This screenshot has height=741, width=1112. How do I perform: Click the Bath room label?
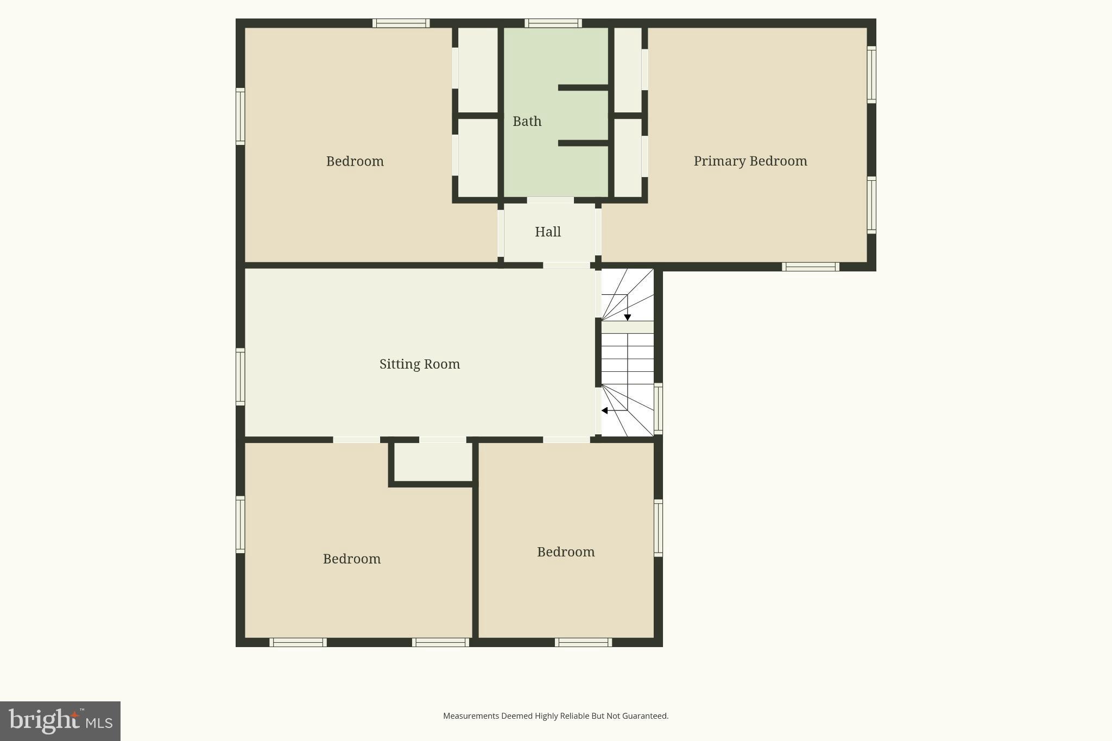[x=527, y=121]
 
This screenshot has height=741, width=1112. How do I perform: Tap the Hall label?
[x=547, y=232]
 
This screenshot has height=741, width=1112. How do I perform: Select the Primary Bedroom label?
[x=750, y=161]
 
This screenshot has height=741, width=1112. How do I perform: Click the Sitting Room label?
[x=419, y=364]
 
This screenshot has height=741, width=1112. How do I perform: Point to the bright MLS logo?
[x=60, y=721]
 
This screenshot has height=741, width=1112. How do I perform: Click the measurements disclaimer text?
[x=555, y=716]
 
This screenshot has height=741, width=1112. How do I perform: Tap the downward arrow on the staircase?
[x=627, y=317]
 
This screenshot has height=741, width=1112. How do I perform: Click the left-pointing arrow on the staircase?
[x=605, y=410]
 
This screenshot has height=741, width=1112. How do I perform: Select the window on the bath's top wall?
[x=553, y=23]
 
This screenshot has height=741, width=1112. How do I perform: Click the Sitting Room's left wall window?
[x=240, y=377]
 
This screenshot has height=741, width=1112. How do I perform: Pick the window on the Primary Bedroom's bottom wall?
[x=810, y=267]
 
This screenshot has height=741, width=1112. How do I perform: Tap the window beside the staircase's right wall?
[x=658, y=408]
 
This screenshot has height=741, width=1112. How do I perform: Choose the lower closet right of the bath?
[x=628, y=157]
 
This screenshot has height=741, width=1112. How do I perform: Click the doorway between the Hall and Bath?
[x=550, y=200]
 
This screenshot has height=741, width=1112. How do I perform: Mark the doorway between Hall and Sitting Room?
[x=566, y=265]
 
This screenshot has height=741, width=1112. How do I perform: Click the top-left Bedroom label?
[x=355, y=161]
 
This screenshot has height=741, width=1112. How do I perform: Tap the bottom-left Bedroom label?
[x=351, y=559]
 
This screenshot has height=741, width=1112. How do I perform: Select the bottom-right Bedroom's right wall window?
[x=658, y=528]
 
